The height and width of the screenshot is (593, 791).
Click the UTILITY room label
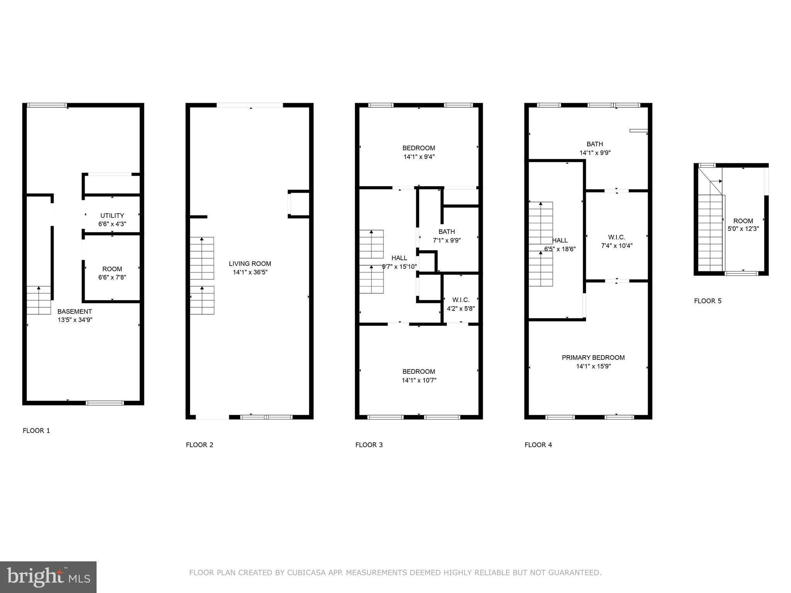tap(112, 215)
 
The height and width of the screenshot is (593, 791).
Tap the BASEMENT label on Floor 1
tap(75, 311)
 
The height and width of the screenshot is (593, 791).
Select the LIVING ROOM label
tap(250, 264)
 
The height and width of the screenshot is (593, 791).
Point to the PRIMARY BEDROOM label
tap(593, 357)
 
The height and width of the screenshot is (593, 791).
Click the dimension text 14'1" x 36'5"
tap(250, 272)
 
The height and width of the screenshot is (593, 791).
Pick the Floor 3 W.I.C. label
tap(460, 300)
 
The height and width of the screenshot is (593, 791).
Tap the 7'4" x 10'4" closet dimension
tap(616, 246)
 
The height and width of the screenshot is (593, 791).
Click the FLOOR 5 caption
tap(708, 301)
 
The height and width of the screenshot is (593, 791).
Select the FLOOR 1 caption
tap(36, 430)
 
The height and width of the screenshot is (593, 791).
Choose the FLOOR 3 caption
tap(369, 445)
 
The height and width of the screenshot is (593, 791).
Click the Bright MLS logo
tap(48, 577)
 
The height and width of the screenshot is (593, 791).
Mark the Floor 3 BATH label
tap(446, 232)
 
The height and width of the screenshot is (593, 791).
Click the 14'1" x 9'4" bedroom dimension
tap(419, 157)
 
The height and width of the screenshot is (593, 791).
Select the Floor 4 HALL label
tap(560, 241)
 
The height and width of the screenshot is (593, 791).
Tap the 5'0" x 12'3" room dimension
tap(743, 229)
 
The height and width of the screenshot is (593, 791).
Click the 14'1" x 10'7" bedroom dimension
tap(419, 380)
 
